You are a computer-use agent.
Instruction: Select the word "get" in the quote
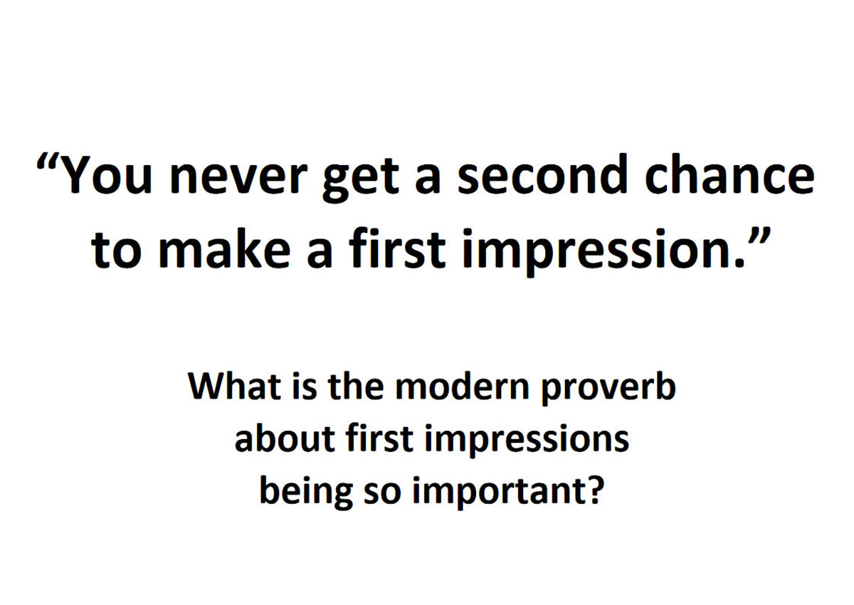(x=361, y=181)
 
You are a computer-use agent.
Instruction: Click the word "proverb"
(x=608, y=388)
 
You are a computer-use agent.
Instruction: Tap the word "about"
(x=285, y=438)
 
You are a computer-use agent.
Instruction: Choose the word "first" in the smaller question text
(x=379, y=438)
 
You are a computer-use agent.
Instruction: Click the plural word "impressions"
(x=527, y=441)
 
